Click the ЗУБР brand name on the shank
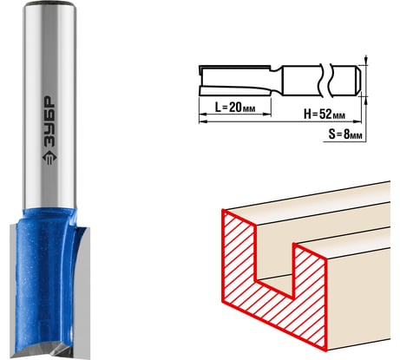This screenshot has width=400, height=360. pyautogui.click(x=49, y=122)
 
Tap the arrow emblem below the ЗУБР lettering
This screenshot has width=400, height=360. pyautogui.click(x=49, y=158)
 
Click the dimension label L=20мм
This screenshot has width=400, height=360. pyautogui.click(x=235, y=108)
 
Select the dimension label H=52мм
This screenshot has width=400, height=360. pyautogui.click(x=325, y=115)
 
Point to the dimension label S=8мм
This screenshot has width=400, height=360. pyautogui.click(x=345, y=134)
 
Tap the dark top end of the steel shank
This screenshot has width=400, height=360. pyautogui.click(x=49, y=3)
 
